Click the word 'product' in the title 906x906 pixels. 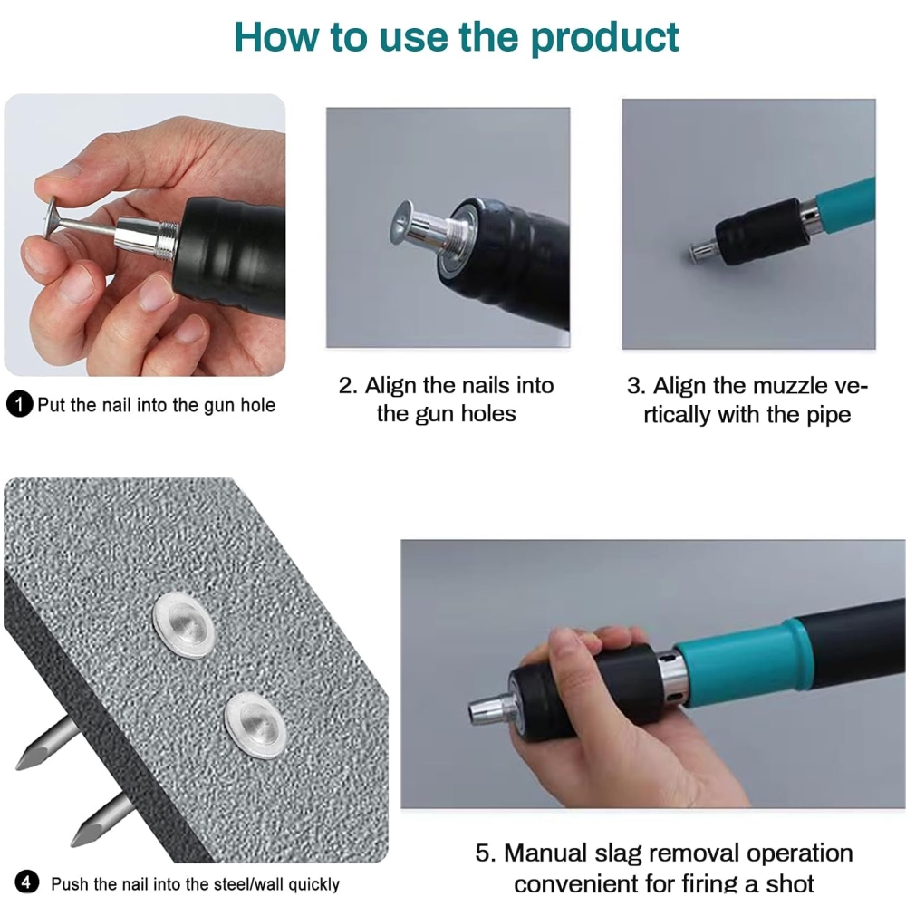point(603,38)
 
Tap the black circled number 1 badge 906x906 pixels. point(20,404)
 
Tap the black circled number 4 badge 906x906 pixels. point(26,882)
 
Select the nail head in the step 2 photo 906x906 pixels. point(402,223)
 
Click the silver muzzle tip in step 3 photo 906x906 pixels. point(703,250)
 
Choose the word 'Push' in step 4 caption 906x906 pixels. point(70,883)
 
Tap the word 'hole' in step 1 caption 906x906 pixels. point(257,404)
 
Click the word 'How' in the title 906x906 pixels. point(276,37)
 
